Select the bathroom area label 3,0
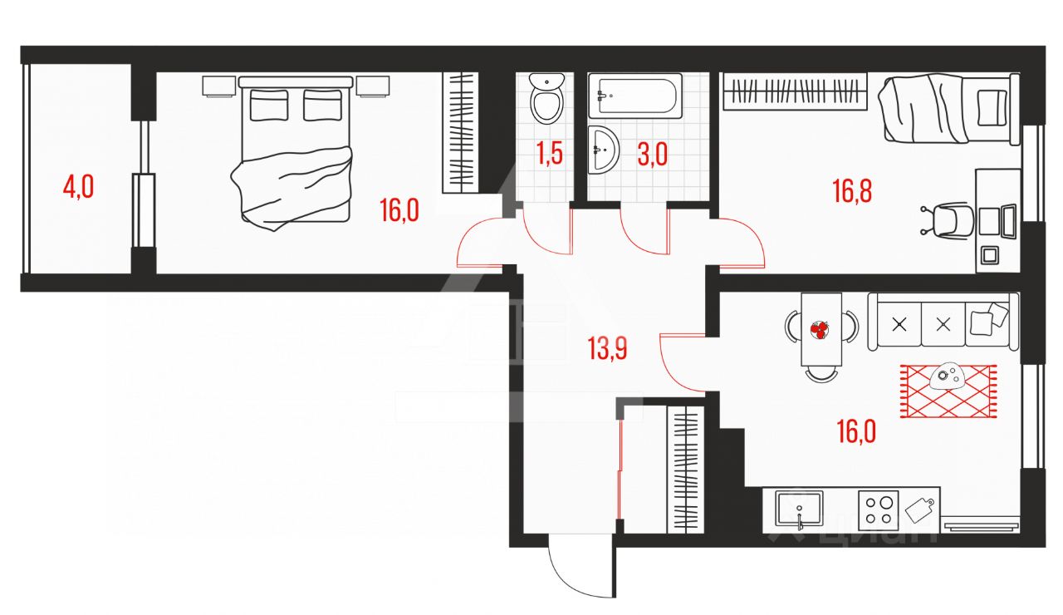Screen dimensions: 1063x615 tap(652, 155)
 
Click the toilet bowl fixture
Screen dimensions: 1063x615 tap(546, 99)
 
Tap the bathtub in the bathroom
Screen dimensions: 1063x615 tap(635, 96)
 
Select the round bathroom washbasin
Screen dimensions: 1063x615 tap(603, 150)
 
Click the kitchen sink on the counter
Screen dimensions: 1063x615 tap(798, 508)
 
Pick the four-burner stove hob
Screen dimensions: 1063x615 tap(879, 509)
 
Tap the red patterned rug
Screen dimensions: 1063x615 tap(948, 391)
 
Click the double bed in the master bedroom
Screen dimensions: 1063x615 tap(296, 150)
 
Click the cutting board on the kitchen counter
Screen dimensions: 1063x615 tap(920, 507)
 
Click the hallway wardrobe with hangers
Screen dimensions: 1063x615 tap(685, 470)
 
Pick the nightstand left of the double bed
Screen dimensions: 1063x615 tap(218, 86)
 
